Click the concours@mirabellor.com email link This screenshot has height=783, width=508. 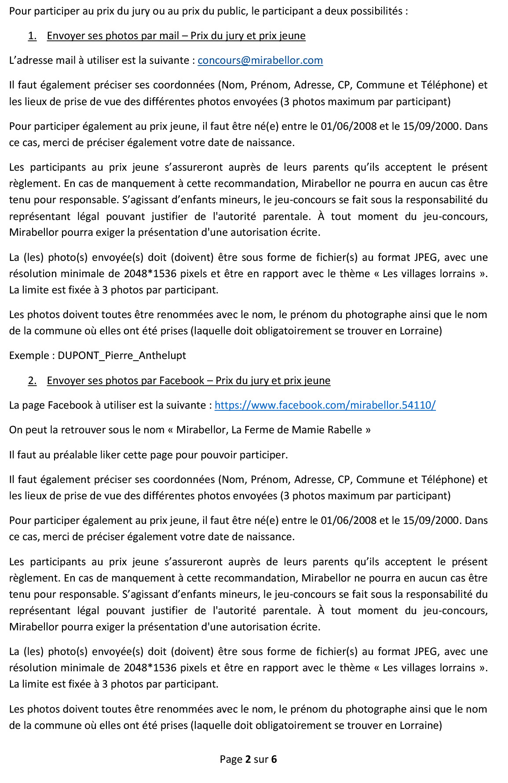[260, 60]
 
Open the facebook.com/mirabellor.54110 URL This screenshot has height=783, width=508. [325, 405]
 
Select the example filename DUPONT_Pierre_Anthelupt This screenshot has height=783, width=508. [122, 355]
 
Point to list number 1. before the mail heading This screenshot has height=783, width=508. [32, 36]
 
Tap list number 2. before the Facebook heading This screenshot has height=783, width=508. [32, 381]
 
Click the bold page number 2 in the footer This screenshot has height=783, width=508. [248, 759]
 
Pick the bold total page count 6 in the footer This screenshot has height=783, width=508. [274, 759]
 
